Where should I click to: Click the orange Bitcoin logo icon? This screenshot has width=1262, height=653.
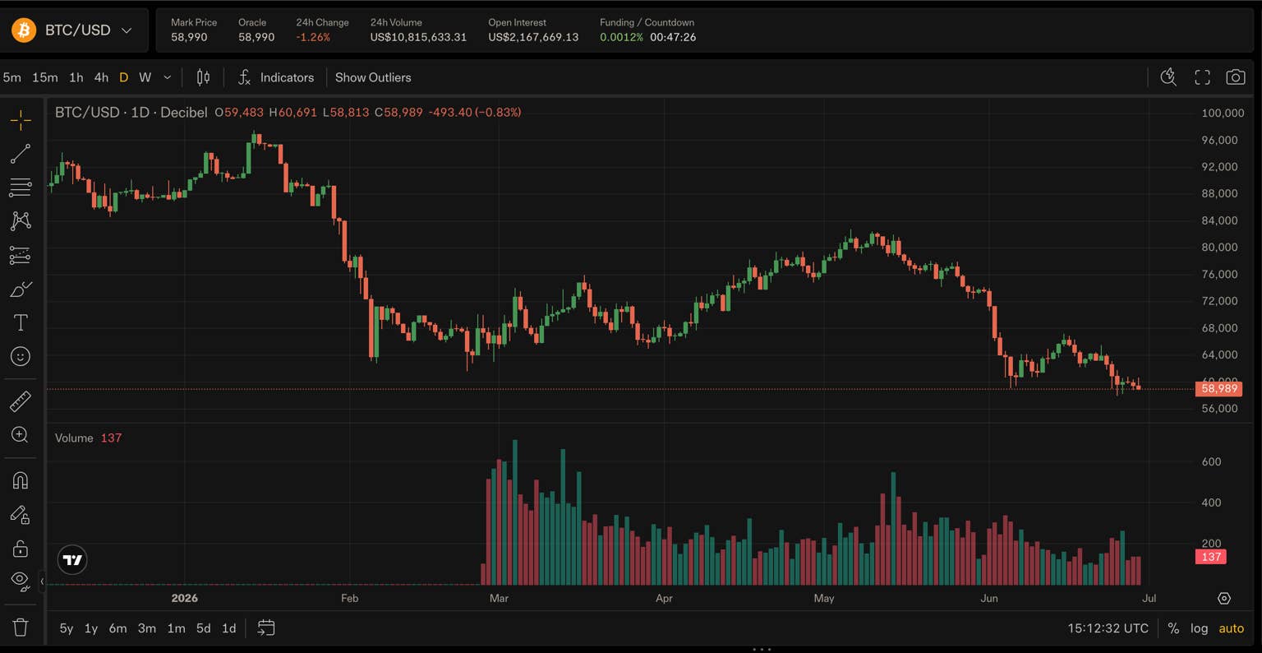tap(24, 30)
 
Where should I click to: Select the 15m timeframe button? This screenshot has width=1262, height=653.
tap(45, 77)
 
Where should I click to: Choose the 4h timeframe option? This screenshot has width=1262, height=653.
tap(101, 77)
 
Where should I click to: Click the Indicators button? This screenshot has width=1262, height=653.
tap(276, 77)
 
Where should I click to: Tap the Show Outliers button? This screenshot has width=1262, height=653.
tap(373, 77)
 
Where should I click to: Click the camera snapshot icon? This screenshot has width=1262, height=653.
tap(1236, 77)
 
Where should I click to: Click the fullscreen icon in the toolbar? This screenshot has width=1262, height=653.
tap(1202, 77)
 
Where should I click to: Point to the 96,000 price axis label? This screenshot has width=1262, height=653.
tap(1219, 140)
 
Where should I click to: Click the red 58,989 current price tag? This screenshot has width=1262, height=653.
tap(1218, 388)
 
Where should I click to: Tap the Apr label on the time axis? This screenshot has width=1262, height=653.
tap(664, 598)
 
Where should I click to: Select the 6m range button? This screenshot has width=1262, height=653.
tap(117, 628)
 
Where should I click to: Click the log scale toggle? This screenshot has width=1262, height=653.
tap(1199, 628)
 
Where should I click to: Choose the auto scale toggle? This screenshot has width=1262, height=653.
tap(1231, 628)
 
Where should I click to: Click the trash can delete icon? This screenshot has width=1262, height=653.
tap(21, 627)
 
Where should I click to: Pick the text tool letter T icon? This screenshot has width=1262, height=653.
tap(21, 322)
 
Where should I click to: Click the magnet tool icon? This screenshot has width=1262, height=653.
tap(21, 480)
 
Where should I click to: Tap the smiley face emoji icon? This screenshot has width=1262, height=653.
tap(21, 356)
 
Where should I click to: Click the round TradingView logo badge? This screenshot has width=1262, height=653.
tap(72, 559)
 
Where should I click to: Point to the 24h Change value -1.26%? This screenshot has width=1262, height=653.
tap(313, 37)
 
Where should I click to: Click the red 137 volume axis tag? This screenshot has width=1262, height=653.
tap(1211, 557)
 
